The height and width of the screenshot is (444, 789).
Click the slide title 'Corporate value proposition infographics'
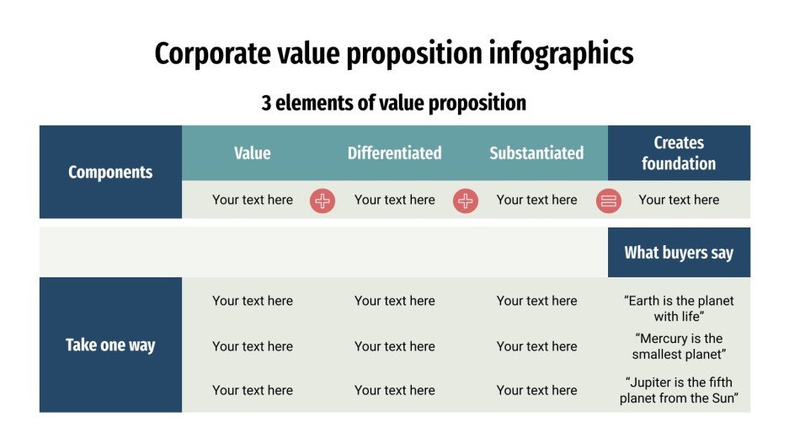pyautogui.click(x=394, y=54)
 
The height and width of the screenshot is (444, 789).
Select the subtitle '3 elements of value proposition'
pyautogui.click(x=394, y=103)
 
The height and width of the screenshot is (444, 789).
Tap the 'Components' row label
pyautogui.click(x=110, y=173)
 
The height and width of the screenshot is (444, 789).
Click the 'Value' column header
pyautogui.click(x=253, y=153)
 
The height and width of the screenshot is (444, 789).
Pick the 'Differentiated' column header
pyautogui.click(x=395, y=153)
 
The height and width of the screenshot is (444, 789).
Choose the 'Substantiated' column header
pyautogui.click(x=536, y=153)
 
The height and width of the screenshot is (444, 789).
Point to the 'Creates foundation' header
pyautogui.click(x=679, y=153)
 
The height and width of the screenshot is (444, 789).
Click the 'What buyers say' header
pyautogui.click(x=679, y=253)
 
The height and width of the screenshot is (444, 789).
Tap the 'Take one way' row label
pyautogui.click(x=110, y=345)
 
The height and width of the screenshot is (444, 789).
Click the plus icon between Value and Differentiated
pyautogui.click(x=323, y=201)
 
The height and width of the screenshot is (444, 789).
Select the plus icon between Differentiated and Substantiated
pyautogui.click(x=466, y=201)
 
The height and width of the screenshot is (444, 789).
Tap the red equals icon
pyautogui.click(x=609, y=201)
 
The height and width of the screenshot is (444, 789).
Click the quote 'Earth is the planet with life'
pyautogui.click(x=679, y=308)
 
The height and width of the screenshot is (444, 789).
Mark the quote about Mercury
pyautogui.click(x=679, y=346)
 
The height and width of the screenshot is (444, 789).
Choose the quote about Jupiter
pyautogui.click(x=679, y=390)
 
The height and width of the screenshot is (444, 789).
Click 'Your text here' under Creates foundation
pyautogui.click(x=679, y=200)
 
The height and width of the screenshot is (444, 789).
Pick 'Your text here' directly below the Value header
pyautogui.click(x=253, y=200)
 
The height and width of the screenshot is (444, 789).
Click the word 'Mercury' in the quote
pyautogui.click(x=664, y=339)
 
